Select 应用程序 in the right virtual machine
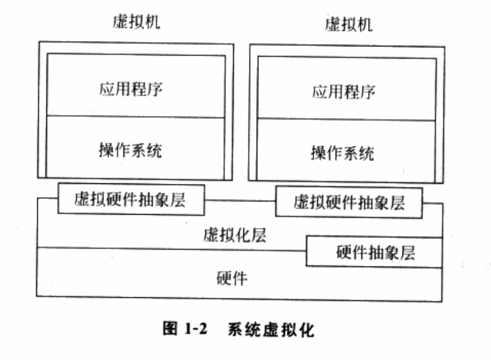coord(344,92)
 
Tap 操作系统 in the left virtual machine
coord(130,149)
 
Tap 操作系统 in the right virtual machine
coord(342,152)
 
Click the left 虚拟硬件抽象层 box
coord(131,200)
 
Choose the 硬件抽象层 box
coord(375,251)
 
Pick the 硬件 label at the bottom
coord(231,278)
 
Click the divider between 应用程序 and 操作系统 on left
coord(136,116)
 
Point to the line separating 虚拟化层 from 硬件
coord(172,247)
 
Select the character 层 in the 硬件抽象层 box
coord(408,251)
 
